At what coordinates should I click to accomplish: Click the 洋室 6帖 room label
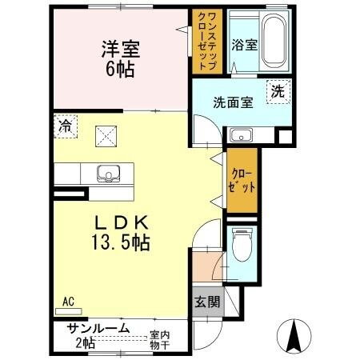pyautogui.click(x=121, y=57)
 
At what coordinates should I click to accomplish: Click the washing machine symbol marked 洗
pyautogui.click(x=277, y=92)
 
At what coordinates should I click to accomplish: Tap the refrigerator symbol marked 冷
pyautogui.click(x=66, y=126)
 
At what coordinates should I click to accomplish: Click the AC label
pyautogui.click(x=68, y=301)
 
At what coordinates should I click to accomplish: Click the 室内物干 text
pyautogui.click(x=161, y=340)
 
